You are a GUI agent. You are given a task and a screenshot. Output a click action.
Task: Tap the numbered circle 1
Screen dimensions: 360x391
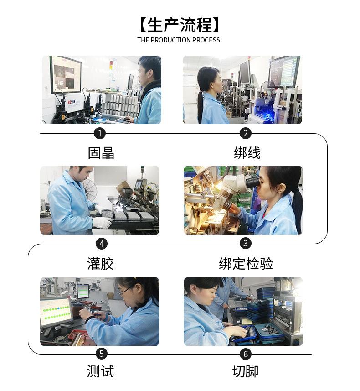click(100, 133)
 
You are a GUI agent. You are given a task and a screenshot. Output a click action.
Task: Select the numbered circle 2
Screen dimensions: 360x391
click(246, 133)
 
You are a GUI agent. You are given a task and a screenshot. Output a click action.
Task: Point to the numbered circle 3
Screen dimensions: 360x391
click(246, 243)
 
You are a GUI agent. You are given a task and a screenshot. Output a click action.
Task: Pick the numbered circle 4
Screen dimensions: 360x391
click(101, 244)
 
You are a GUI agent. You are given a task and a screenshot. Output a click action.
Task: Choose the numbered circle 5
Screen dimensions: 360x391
click(102, 354)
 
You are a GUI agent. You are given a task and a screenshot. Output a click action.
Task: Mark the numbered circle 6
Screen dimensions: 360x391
click(246, 354)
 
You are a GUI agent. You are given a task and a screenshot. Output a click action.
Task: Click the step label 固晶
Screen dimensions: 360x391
click(101, 153)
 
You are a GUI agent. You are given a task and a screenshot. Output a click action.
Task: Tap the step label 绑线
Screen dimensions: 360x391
click(247, 153)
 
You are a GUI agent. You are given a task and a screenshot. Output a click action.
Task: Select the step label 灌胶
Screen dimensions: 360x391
click(100, 264)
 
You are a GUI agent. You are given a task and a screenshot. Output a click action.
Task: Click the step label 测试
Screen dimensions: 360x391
click(100, 371)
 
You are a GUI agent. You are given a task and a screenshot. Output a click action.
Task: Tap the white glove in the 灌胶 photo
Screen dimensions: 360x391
click(103, 222)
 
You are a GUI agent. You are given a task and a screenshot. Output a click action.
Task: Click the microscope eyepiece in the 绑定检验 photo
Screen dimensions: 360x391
click(252, 182)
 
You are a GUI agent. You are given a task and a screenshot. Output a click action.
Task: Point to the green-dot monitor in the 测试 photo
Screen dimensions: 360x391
click(55, 311)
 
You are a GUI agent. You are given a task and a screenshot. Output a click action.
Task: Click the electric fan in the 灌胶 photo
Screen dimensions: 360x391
click(91, 190)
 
